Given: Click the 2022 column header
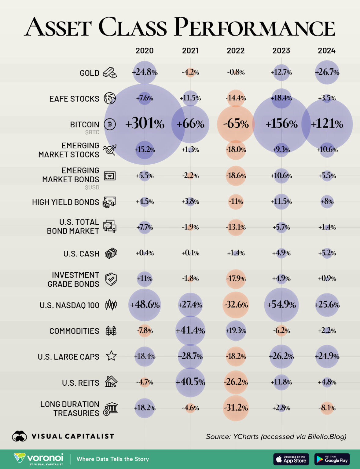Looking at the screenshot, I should coord(236,50).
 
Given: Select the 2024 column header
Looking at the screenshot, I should coord(327,50).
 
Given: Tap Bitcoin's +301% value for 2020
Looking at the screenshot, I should coord(145,124).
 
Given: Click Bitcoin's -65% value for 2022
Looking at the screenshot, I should coord(236,124).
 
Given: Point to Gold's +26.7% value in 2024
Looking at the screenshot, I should coord(327,72).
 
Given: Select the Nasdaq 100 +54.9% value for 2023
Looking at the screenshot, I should coord(281,305).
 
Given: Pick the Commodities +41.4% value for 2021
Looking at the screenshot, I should coord(190,330).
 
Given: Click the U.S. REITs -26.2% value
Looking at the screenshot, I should coord(236,382).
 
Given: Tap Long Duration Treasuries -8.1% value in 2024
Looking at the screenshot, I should coord(327,408).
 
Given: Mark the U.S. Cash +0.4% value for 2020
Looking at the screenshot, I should coord(145,253).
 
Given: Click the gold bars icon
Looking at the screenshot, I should coord(110,73).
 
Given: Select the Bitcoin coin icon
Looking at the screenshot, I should coord(110,124).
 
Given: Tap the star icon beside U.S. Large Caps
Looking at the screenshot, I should coord(111,356).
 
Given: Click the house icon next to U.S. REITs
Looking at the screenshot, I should coord(111,382).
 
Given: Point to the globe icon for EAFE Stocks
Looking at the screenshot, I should coord(110,98).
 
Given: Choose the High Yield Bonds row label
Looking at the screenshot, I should coord(66,202).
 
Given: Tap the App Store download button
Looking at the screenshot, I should coord(291,459).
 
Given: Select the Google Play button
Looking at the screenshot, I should coord(332,459).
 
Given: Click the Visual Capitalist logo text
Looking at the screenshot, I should coord(73,436).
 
